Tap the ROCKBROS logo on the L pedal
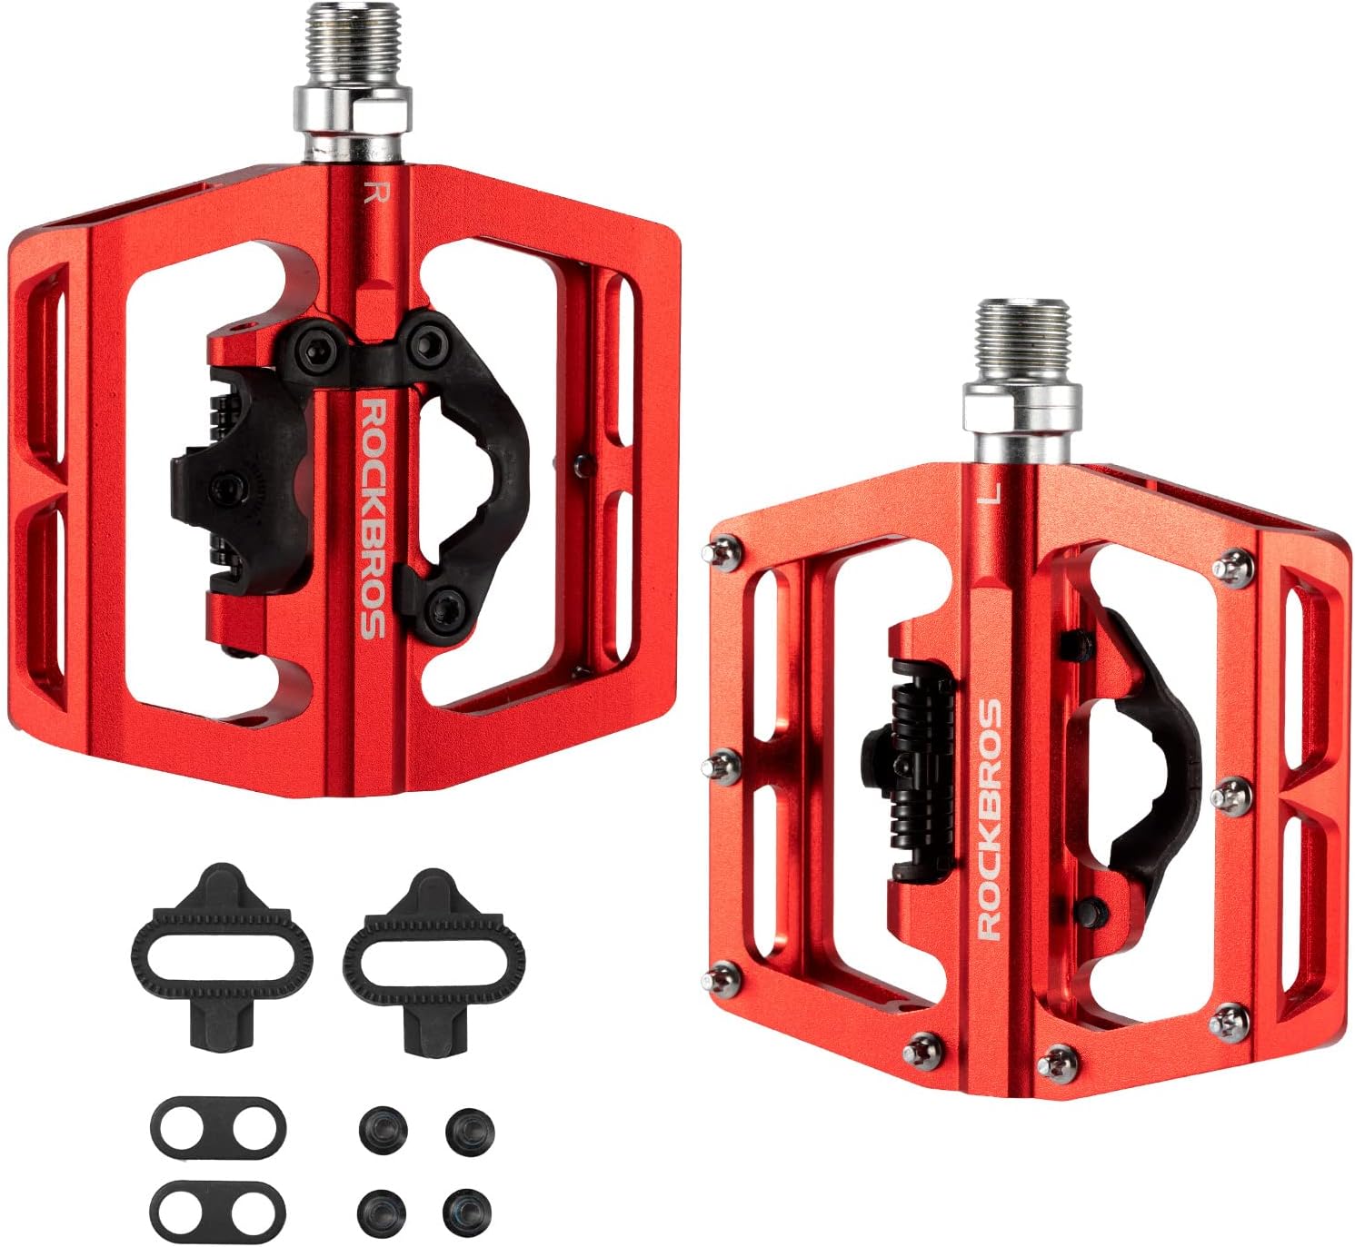[990, 819]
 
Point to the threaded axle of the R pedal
[353, 45]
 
